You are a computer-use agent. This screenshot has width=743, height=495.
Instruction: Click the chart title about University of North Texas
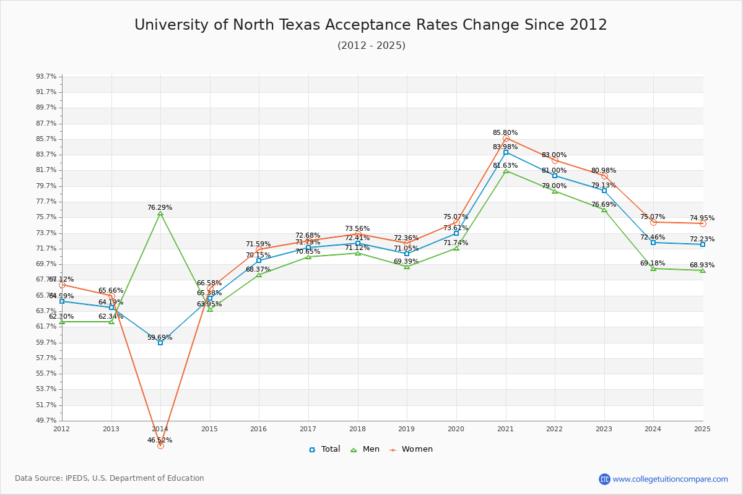click(371, 25)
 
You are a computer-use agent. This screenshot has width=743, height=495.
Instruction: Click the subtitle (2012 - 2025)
click(371, 46)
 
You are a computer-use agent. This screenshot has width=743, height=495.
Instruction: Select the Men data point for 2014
click(160, 213)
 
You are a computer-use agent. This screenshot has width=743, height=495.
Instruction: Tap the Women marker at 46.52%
click(160, 445)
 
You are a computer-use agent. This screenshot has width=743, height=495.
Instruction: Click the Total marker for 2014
click(160, 343)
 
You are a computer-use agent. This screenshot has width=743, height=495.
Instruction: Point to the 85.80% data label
click(505, 133)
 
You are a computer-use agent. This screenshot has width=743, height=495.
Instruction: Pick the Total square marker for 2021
click(506, 152)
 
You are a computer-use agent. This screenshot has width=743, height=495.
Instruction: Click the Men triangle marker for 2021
click(506, 171)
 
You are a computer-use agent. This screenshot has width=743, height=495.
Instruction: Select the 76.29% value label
click(160, 208)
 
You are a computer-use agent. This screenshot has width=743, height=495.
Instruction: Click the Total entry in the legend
click(324, 450)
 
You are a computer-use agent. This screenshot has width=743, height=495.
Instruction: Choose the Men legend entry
click(365, 450)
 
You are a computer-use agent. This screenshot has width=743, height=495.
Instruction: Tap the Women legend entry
click(411, 450)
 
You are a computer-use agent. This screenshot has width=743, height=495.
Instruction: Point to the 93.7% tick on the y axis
click(46, 77)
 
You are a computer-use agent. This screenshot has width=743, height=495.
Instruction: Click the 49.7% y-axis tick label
click(46, 421)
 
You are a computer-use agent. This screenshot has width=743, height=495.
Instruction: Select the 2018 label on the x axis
click(357, 429)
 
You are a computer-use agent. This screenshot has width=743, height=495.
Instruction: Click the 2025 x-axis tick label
click(702, 429)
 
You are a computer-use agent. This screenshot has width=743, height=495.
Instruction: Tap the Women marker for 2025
click(703, 223)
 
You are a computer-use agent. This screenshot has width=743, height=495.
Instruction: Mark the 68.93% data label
click(702, 265)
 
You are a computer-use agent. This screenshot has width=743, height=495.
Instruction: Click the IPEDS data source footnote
click(110, 478)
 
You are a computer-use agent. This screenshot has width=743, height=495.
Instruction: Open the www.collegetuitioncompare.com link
click(670, 479)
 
